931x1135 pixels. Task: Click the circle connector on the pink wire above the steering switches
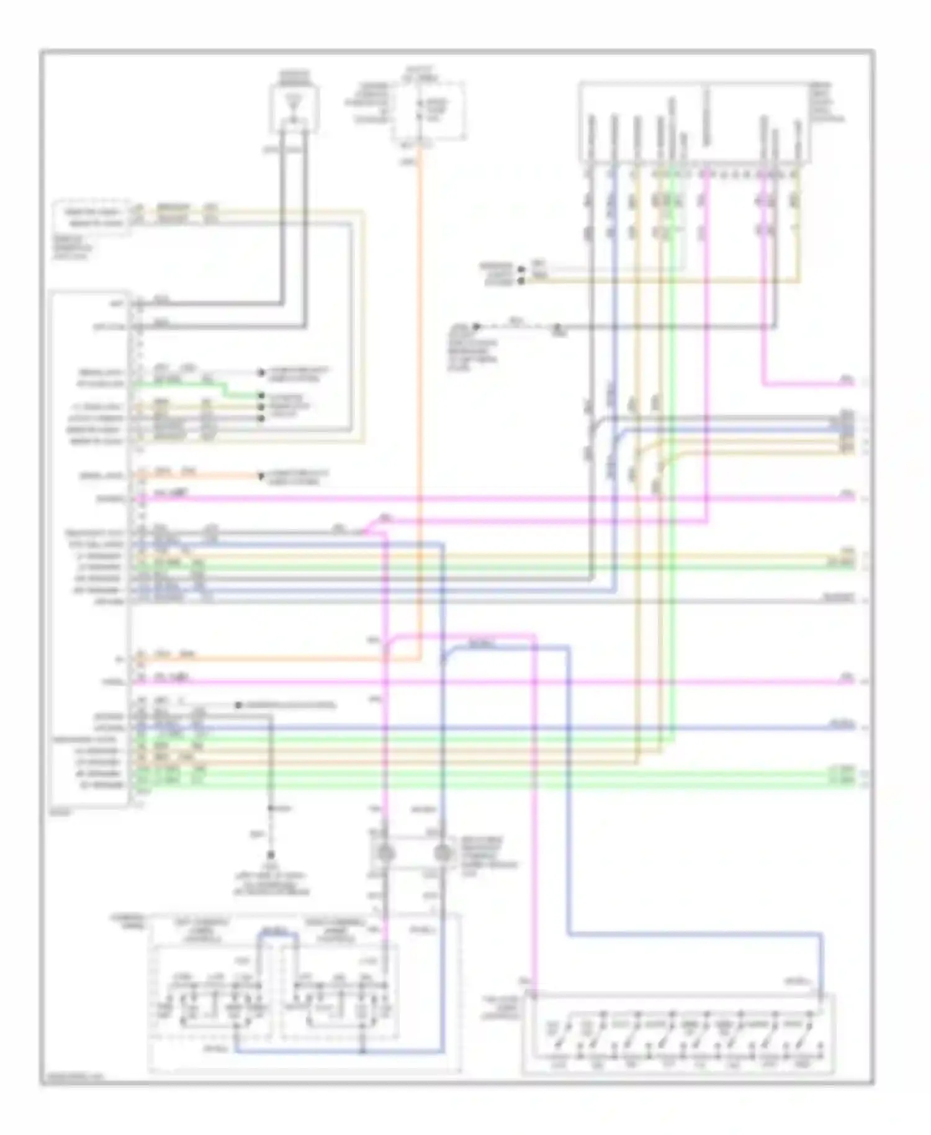[385, 852]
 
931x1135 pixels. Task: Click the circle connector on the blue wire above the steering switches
[443, 852]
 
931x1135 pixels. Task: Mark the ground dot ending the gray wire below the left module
[271, 855]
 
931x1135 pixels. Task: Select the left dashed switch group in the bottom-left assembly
[212, 992]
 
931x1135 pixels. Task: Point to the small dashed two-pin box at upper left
[92, 217]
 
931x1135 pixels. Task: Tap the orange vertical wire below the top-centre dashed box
[421, 373]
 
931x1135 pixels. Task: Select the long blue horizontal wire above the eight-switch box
[695, 933]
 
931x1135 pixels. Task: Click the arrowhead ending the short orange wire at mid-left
[261, 476]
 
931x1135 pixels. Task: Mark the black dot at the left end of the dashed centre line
[477, 327]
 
